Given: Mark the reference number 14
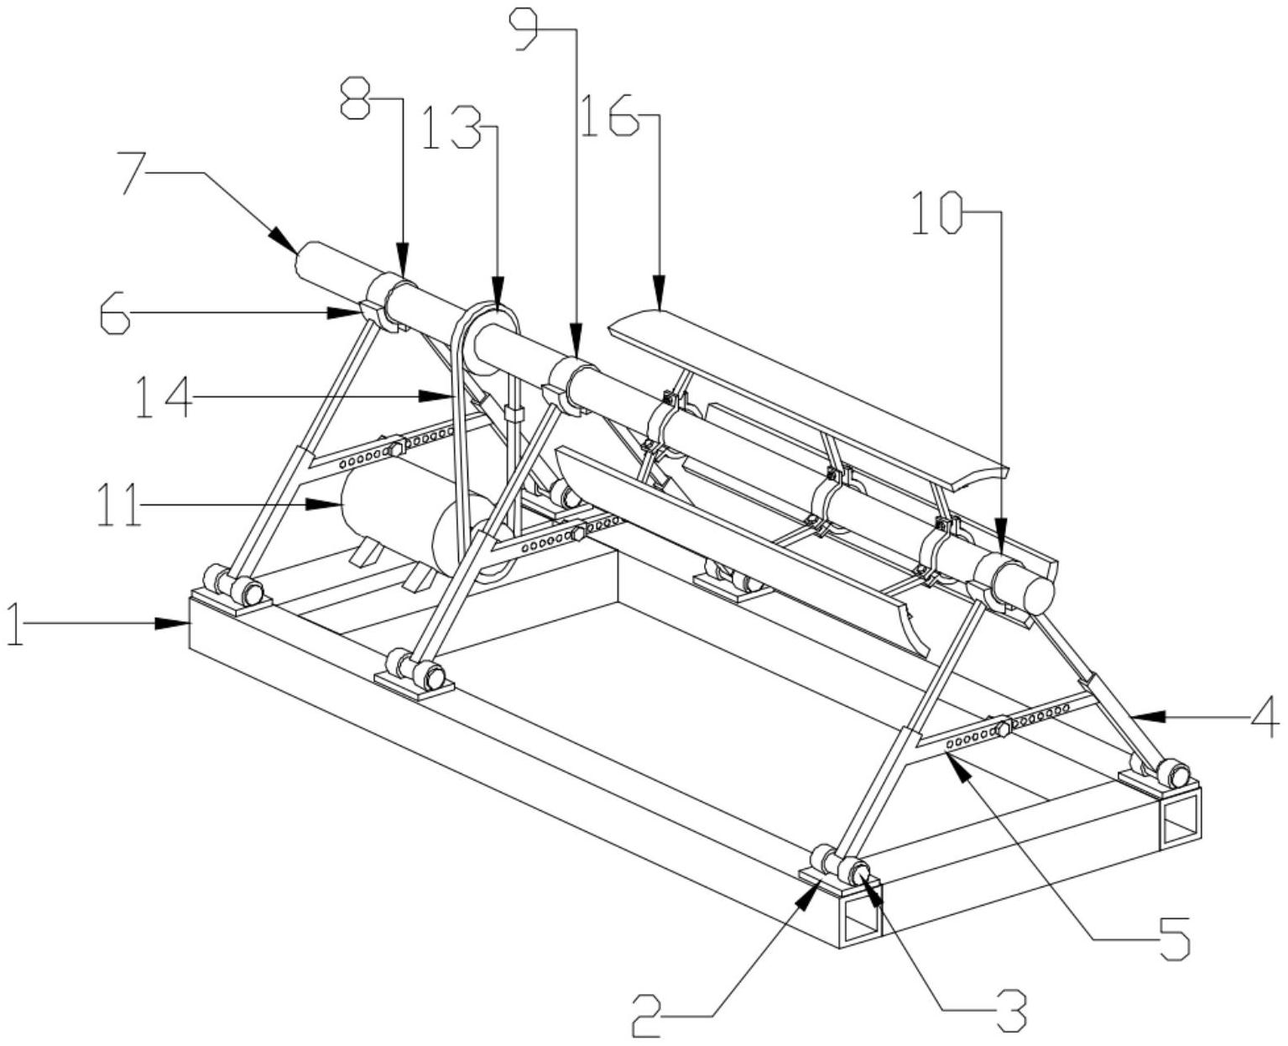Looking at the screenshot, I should [x=165, y=397].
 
